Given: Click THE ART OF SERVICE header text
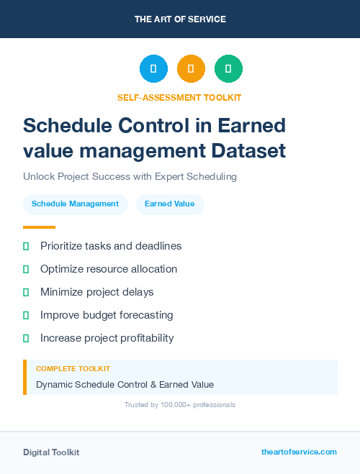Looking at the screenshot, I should coord(180,19).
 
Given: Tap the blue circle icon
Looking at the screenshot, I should coord(153,69).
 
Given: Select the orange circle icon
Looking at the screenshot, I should coord(191,69).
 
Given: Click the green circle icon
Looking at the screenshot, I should coord(228,69).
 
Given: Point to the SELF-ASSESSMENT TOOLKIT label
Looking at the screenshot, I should coord(179,97).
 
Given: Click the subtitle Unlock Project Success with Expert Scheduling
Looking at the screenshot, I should coord(130,176).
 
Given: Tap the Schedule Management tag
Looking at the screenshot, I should coord(75,204).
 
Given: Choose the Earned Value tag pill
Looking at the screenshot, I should coord(169,204).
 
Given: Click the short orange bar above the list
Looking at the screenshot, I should coord(39,227).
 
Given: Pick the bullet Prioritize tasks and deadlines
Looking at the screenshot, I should coord(111,246).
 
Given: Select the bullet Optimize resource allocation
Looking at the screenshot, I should coord(109,269).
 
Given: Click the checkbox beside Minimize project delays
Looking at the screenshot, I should coord(26,292).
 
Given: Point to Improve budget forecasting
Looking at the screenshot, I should coord(107,315).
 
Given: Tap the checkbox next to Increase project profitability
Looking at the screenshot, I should coord(26,338).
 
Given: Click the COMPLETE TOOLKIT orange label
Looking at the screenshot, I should coord(73,368).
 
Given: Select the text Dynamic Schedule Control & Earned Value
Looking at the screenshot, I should coord(125,384).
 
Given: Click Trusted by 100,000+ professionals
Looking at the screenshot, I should coord(179,405).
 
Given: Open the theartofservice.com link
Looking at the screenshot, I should coord(299,452).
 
